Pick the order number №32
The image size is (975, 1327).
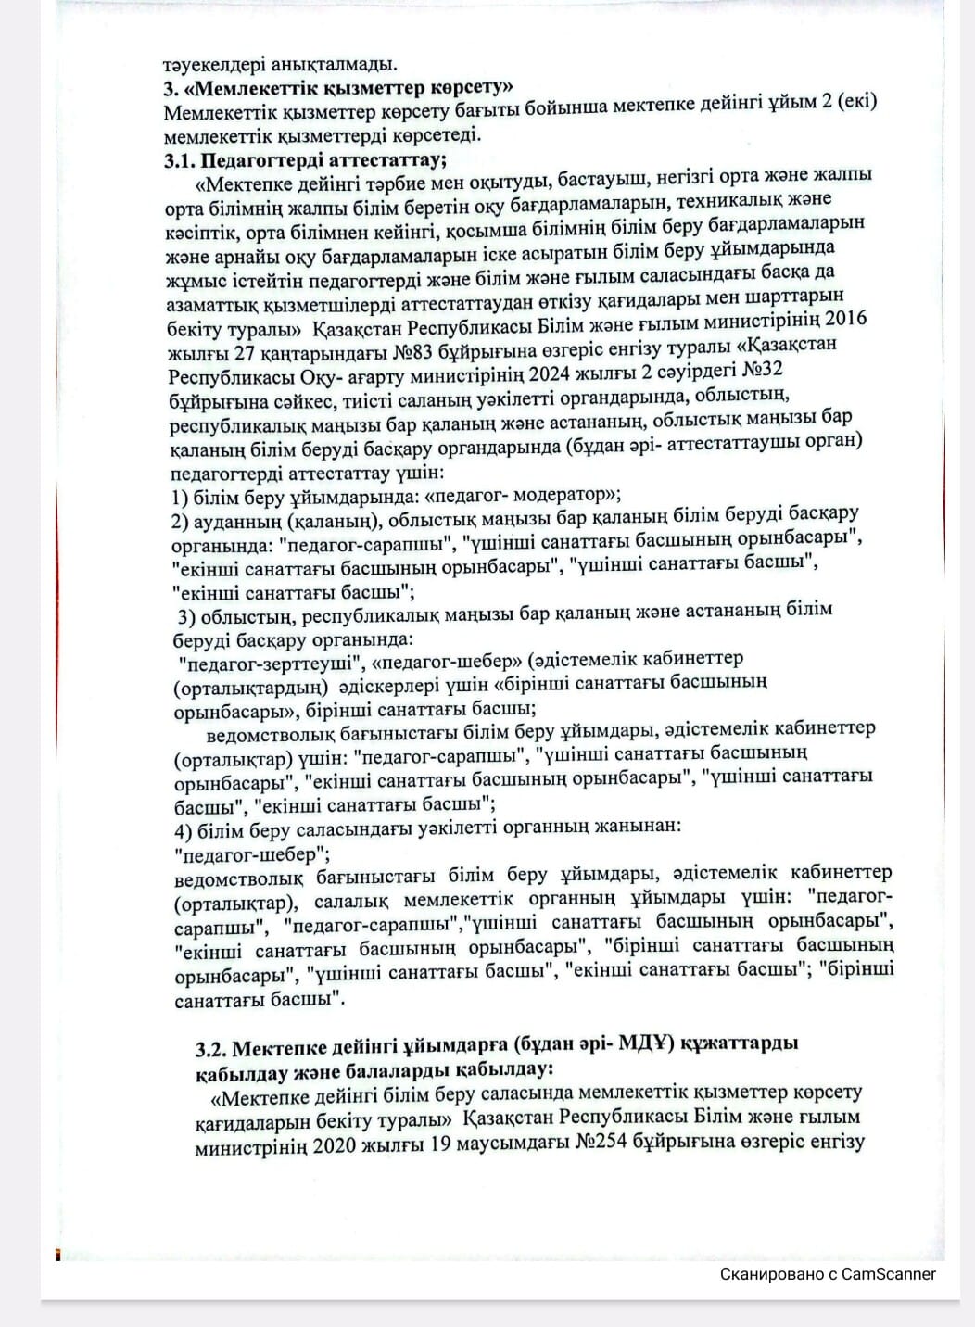(762, 369)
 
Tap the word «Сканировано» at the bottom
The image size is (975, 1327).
(772, 1274)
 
